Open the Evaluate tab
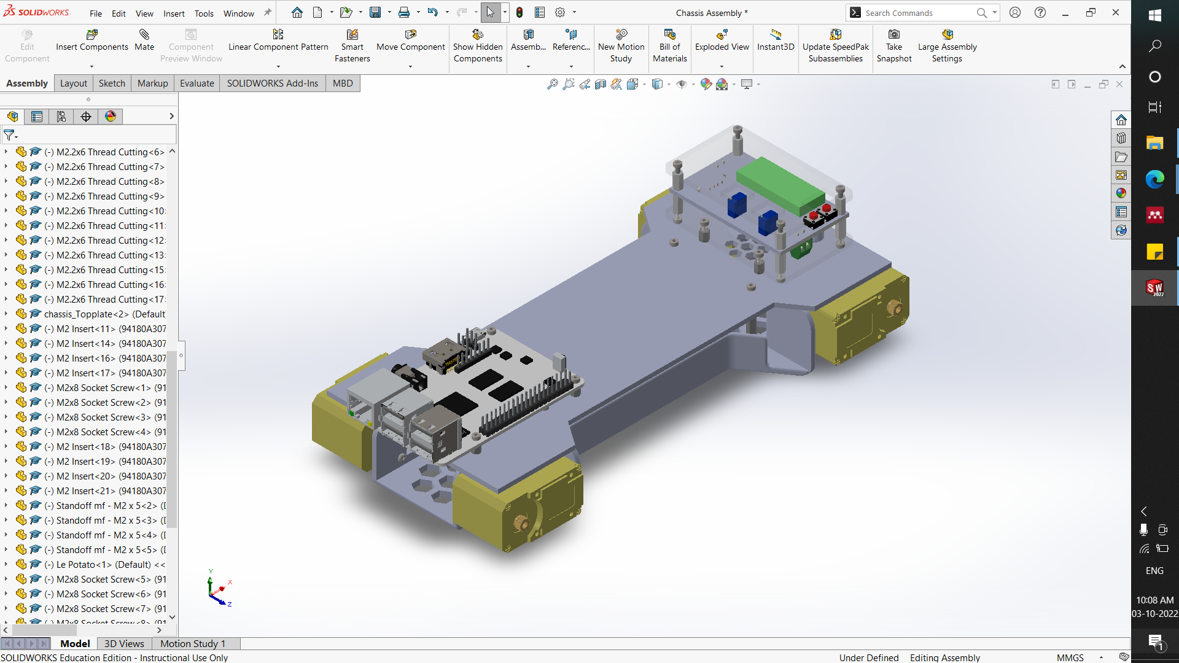point(196,83)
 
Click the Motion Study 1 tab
point(193,643)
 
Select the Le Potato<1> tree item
point(103,564)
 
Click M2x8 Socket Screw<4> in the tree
point(103,432)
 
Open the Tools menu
point(204,13)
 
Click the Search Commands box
point(917,13)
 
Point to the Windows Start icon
point(1154,15)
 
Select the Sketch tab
point(112,83)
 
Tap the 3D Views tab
point(124,643)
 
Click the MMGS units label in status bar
point(1070,657)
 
